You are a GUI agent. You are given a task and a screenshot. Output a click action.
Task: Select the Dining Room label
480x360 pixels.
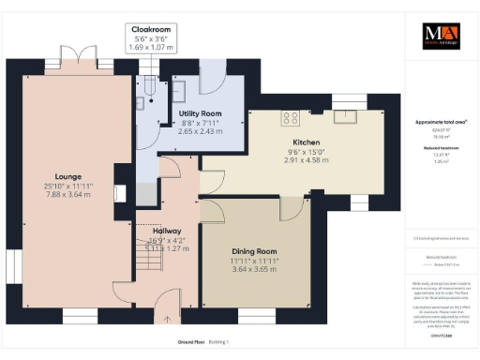click(x=255, y=251)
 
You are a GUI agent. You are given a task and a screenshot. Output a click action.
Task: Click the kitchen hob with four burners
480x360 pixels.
click(x=291, y=118)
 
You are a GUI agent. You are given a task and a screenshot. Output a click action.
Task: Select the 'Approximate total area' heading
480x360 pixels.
click(x=441, y=121)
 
